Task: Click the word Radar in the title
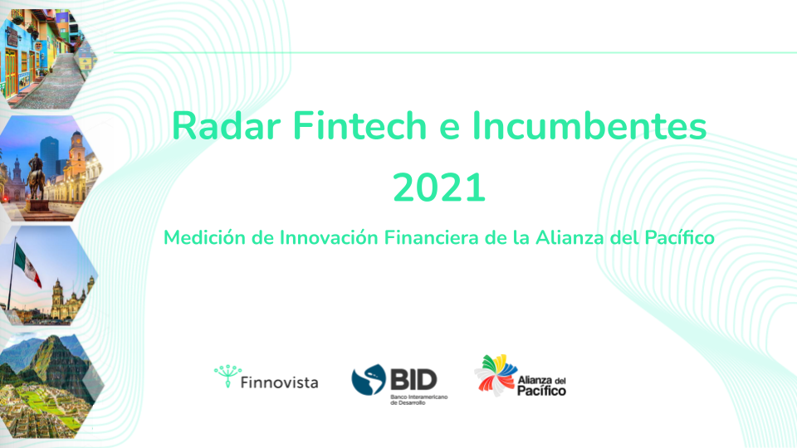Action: [226, 125]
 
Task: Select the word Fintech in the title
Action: [359, 125]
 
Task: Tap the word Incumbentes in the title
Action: [589, 125]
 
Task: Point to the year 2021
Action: [439, 187]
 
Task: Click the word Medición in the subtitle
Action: [204, 238]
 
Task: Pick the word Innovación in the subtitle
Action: [329, 238]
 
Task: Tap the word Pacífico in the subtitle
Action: [680, 238]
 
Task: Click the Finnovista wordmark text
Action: [279, 382]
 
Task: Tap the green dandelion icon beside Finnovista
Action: [227, 376]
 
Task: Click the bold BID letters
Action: [413, 379]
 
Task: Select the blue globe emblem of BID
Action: [369, 379]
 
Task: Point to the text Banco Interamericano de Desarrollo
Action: [418, 399]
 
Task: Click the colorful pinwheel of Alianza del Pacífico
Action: [496, 375]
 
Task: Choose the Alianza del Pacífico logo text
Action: [542, 386]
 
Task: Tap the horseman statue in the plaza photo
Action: [36, 176]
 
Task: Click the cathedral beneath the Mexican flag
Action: [71, 299]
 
